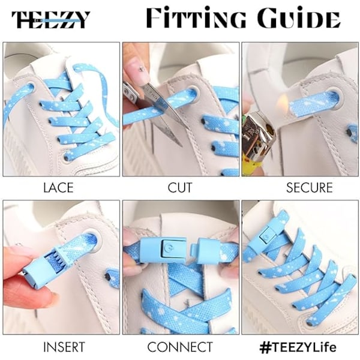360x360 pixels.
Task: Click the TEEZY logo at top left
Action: [50, 20]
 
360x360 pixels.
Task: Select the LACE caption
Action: [59, 188]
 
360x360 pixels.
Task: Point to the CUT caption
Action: [180, 188]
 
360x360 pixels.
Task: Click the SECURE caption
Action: [309, 188]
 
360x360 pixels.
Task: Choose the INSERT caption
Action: [64, 347]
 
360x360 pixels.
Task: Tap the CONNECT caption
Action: [180, 347]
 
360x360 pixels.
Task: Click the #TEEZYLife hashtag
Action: [298, 347]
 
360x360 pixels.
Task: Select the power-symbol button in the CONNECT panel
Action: [169, 248]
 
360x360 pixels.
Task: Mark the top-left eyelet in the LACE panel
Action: [29, 88]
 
